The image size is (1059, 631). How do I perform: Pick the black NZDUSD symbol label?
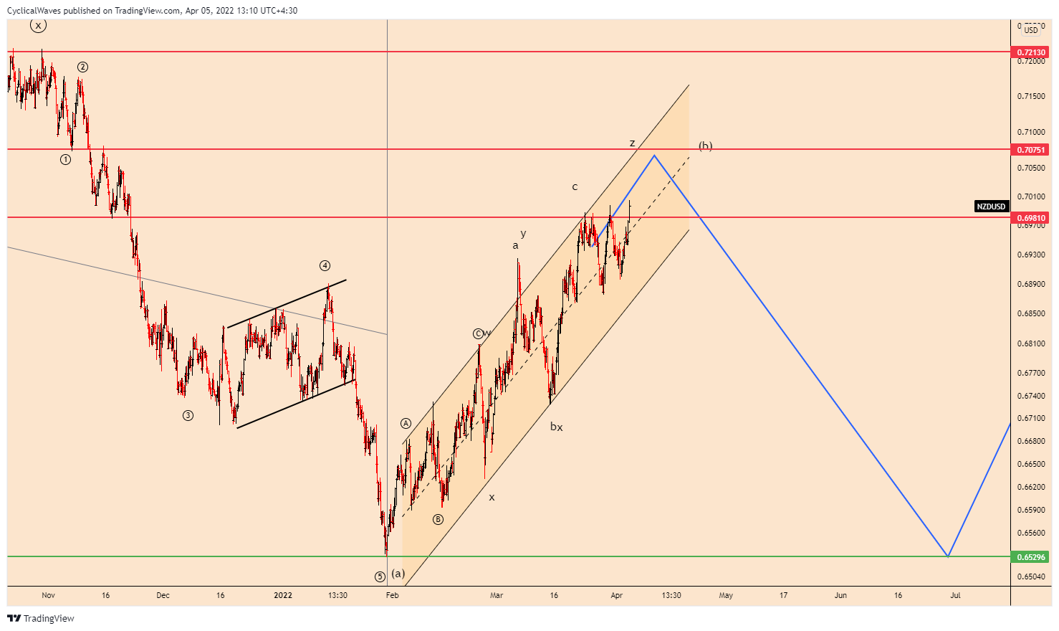point(991,207)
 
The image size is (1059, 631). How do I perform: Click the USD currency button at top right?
point(1031,30)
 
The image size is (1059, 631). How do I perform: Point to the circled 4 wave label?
point(325,266)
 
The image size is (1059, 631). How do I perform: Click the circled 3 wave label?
point(188,415)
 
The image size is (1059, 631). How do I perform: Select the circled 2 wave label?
point(83,67)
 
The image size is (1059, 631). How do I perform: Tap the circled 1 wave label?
point(66,160)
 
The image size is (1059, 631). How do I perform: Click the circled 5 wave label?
point(380,577)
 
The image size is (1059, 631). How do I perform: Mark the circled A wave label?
point(406,423)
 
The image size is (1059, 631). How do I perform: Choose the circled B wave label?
point(438,519)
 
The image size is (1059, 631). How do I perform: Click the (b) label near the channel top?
point(706,146)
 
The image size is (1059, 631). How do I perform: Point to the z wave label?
point(632,143)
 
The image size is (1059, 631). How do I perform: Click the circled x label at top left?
point(38,26)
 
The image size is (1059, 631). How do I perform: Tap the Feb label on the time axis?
point(392,595)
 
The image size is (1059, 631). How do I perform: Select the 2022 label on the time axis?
point(283,595)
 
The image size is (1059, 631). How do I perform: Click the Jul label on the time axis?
point(955,595)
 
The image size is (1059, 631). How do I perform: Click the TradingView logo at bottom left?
point(41,618)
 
